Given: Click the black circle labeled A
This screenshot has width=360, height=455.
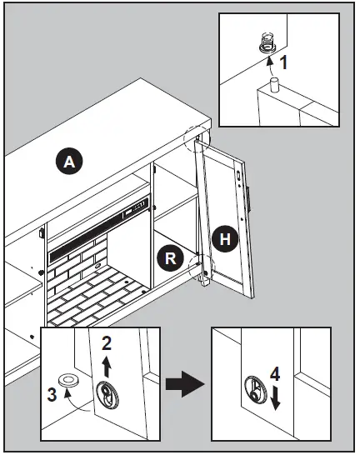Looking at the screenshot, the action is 69,161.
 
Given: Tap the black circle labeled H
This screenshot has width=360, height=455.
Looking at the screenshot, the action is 225,239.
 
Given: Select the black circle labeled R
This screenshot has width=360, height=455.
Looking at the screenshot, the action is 170,257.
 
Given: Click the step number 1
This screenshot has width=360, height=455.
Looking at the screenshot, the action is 283,62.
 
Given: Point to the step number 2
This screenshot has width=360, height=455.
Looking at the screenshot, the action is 107,343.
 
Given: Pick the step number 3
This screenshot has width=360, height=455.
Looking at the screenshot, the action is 52,394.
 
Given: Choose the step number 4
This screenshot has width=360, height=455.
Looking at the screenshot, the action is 275,373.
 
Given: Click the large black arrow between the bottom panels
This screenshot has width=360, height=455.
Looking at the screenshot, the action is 185,384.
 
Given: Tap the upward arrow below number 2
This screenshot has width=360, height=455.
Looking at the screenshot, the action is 107,367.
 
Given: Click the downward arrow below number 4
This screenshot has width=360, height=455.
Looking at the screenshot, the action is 275,399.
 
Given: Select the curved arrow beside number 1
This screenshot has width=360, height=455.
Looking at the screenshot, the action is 270,67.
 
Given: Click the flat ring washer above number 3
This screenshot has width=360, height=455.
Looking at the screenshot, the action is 68,380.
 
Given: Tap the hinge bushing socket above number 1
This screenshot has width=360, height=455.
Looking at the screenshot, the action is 267,43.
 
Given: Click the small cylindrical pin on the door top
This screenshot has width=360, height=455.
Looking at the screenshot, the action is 274,85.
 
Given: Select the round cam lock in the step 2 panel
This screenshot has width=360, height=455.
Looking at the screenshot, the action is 107,394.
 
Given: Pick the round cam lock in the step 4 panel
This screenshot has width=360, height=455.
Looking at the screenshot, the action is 256,389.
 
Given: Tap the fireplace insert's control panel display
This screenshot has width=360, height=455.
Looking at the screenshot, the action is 136,207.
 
